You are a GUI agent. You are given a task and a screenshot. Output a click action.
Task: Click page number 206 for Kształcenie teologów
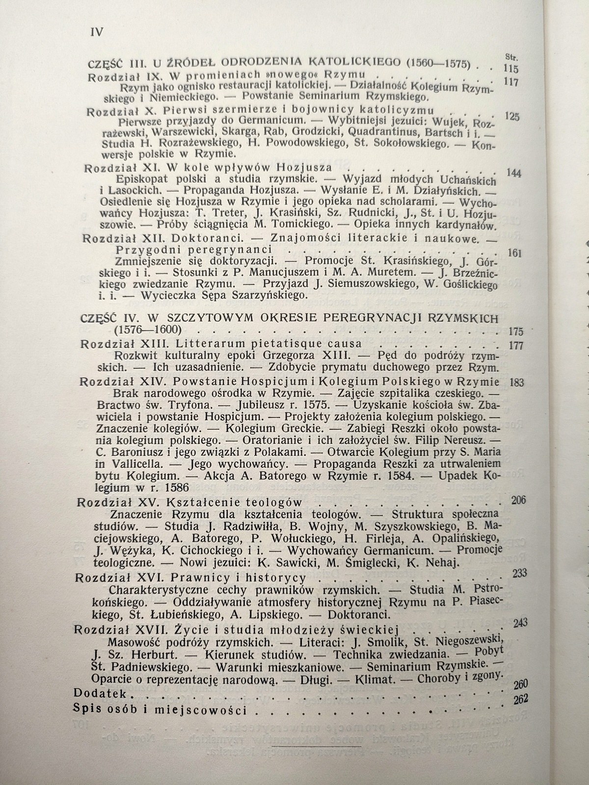(x=518, y=500)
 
